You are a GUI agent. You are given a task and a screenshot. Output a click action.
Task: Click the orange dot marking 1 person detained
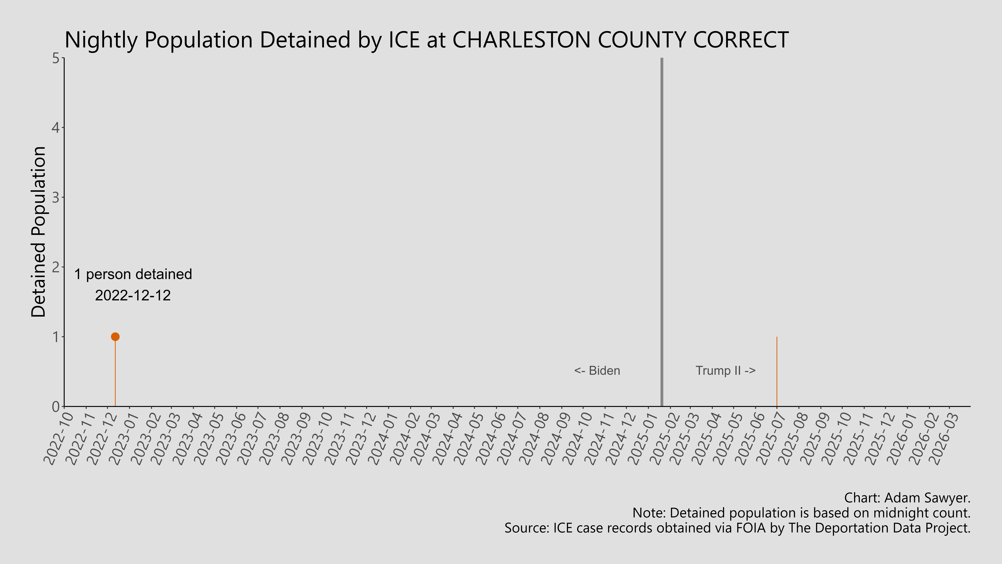[x=115, y=337]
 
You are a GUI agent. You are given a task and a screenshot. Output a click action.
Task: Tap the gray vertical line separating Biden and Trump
[x=662, y=234]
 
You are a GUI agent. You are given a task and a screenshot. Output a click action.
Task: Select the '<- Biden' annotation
[x=597, y=371]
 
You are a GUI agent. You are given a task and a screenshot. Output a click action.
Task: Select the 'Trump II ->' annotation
[x=725, y=371]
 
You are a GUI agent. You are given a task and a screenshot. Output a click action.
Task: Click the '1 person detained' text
[x=133, y=274]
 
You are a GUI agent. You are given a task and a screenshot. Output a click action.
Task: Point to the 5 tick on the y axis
[x=56, y=58]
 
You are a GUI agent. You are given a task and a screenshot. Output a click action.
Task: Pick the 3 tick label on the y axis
[x=56, y=197]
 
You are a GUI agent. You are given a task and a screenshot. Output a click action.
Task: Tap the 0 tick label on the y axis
[x=56, y=406]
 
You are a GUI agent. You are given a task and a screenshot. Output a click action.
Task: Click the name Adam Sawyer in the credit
[x=927, y=498]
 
